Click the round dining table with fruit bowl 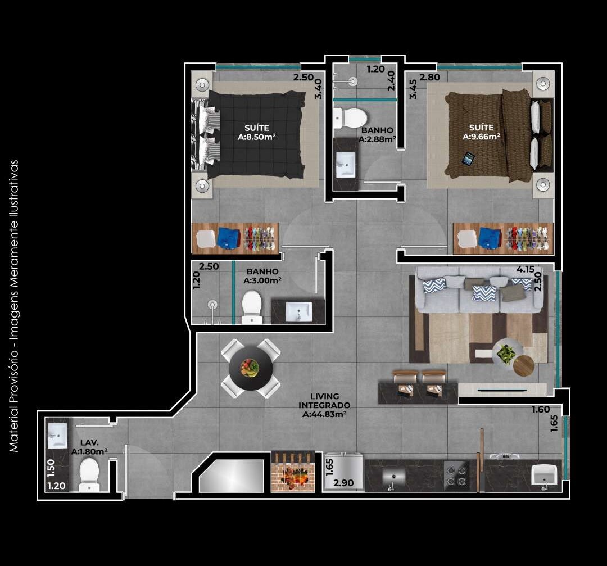tap(251, 368)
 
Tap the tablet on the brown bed tap(468, 159)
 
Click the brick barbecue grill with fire tap(292, 472)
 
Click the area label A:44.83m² tap(324, 414)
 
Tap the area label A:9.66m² tap(482, 136)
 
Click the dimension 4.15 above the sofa tap(525, 269)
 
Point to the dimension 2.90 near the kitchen tap(343, 483)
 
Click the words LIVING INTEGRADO tap(324, 401)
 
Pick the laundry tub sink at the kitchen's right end tap(545, 476)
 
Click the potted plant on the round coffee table tap(506, 353)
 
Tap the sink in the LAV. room tap(57, 434)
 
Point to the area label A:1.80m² tap(89, 451)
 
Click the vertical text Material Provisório tap(14, 306)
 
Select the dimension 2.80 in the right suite tap(429, 78)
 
